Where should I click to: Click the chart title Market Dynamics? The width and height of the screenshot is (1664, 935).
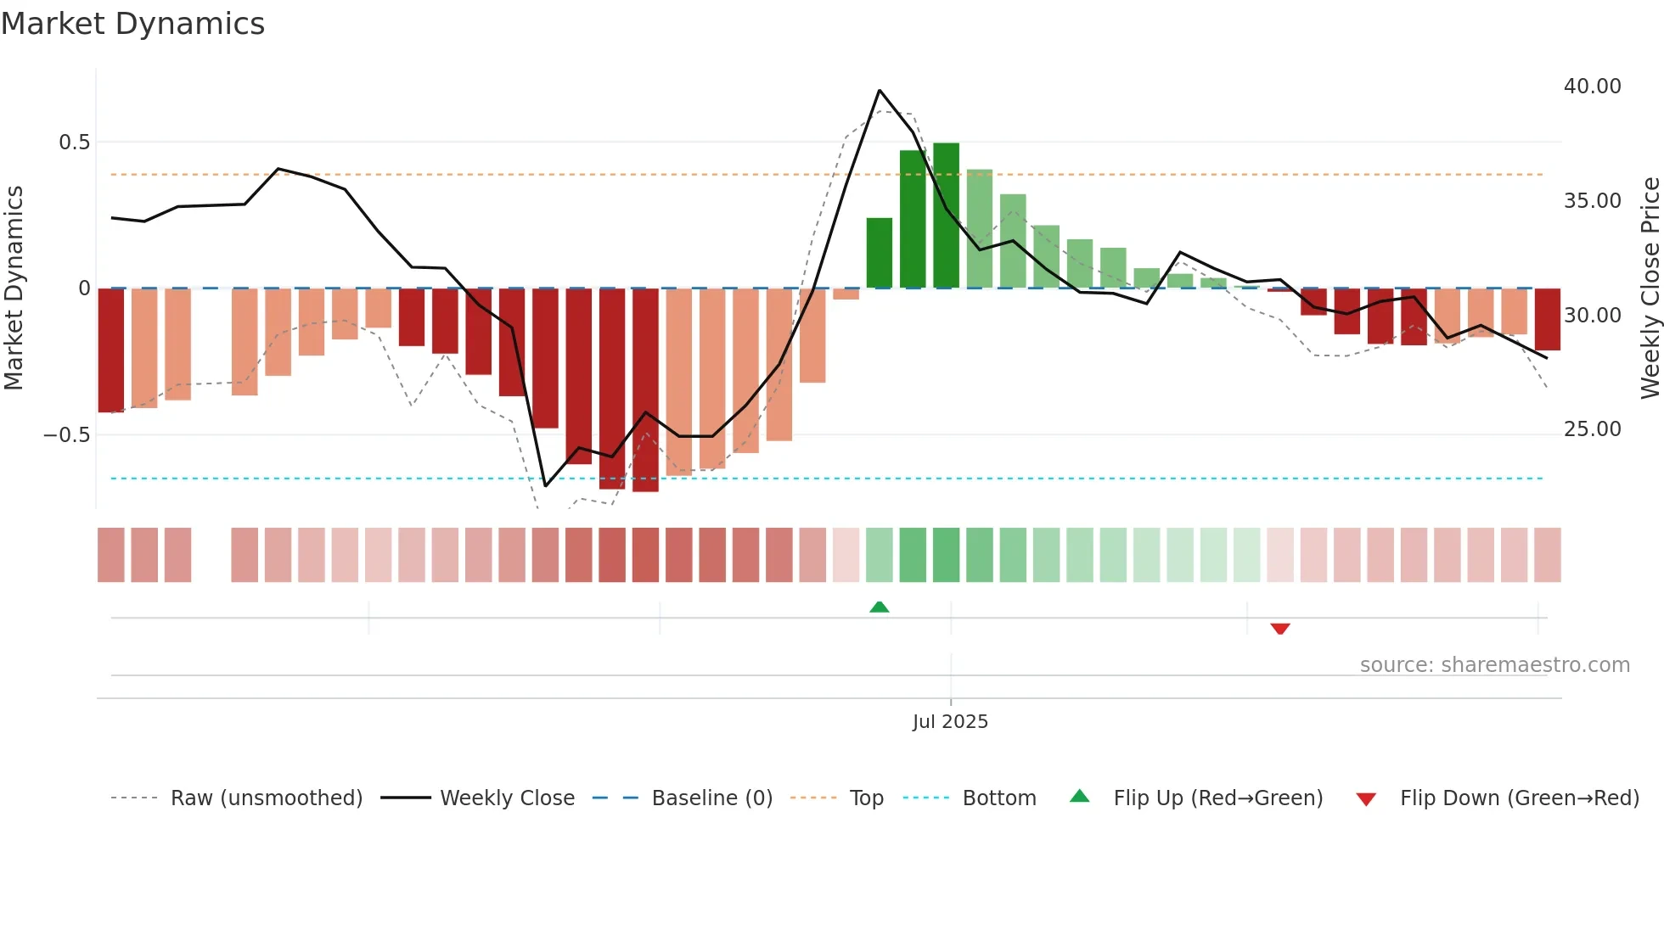coord(132,24)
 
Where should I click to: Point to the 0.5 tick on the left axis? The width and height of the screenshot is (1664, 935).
coord(75,143)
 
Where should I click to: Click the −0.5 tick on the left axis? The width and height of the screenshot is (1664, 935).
coord(67,435)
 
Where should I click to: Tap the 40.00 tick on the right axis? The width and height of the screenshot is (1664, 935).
coord(1592,87)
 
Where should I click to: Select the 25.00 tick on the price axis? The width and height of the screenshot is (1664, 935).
coord(1592,429)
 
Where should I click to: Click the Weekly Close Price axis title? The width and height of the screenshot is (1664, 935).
coord(1650,288)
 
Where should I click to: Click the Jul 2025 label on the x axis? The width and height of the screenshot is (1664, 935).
coord(950,722)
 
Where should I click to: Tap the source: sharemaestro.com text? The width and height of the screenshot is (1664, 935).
coord(1494,665)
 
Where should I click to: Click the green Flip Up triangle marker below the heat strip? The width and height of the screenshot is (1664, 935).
coord(880,607)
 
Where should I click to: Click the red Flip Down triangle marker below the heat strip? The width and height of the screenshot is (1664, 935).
coord(1280,629)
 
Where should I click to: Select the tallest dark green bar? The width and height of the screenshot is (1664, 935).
coord(946,216)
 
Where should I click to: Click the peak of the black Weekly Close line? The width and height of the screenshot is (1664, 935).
coord(880,90)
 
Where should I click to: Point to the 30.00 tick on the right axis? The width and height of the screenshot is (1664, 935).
coord(1592,316)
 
